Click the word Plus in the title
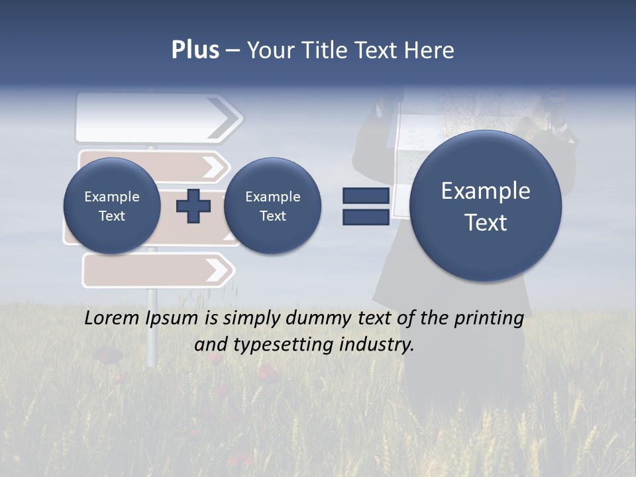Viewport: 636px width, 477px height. coord(195,50)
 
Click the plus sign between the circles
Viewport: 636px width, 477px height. coord(193,206)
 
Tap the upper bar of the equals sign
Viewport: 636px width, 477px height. coord(366,196)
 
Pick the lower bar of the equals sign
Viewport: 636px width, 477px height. coord(366,217)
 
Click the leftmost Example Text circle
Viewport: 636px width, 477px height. coord(112,206)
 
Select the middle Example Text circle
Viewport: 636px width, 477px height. coord(272,206)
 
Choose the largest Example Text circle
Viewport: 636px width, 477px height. coord(486,206)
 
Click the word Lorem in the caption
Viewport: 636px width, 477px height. coord(113,318)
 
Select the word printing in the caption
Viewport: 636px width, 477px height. coord(488,319)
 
